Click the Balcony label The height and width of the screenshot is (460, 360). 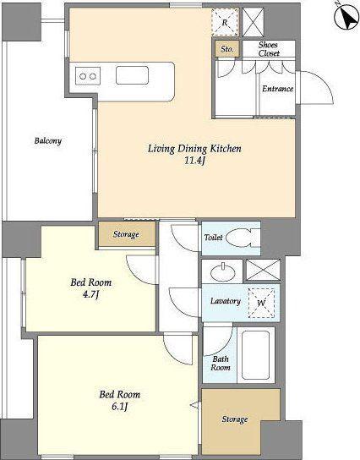click(48, 141)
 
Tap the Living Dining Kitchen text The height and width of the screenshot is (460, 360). click(194, 149)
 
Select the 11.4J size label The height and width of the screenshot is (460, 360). click(194, 161)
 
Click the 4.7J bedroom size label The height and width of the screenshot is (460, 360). click(90, 294)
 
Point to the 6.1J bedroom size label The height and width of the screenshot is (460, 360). click(120, 407)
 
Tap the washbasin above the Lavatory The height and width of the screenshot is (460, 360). click(223, 273)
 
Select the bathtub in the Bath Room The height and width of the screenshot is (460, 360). click(256, 355)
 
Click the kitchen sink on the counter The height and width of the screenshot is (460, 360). click(132, 75)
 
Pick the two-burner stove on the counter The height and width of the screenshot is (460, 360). click(88, 76)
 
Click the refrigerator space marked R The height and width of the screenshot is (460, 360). click(225, 22)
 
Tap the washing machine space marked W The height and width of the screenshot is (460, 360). click(261, 303)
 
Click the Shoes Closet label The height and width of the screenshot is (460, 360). click(268, 49)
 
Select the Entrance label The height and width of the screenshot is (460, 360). click(278, 89)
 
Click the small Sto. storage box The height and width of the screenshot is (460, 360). click(227, 49)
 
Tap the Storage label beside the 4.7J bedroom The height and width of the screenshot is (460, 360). click(126, 234)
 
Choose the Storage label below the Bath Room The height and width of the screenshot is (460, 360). click(235, 419)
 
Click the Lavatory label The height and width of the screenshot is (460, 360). click(226, 301)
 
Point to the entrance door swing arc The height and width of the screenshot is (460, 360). click(322, 79)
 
